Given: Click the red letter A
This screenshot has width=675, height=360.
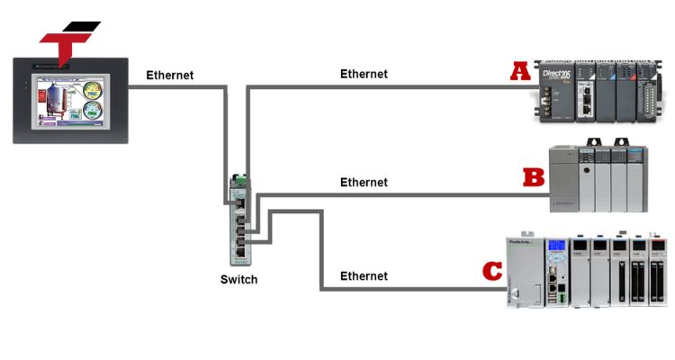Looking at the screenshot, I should [x=520, y=71].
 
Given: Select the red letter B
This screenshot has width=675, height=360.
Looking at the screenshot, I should [x=535, y=175].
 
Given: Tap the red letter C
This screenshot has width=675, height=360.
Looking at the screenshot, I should [x=491, y=270].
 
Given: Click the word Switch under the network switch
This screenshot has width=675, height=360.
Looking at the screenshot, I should [x=238, y=279].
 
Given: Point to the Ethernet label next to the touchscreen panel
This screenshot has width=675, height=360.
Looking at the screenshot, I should [x=170, y=75].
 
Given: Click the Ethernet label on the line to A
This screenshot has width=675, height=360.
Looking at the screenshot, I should [x=364, y=74].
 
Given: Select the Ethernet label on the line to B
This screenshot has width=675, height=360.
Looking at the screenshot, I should [x=364, y=182].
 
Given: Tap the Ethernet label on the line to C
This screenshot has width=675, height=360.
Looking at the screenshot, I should [x=364, y=275].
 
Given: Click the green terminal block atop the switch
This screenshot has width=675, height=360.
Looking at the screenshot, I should [x=237, y=178].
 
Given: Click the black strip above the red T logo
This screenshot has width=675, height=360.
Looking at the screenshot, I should [x=81, y=26].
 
